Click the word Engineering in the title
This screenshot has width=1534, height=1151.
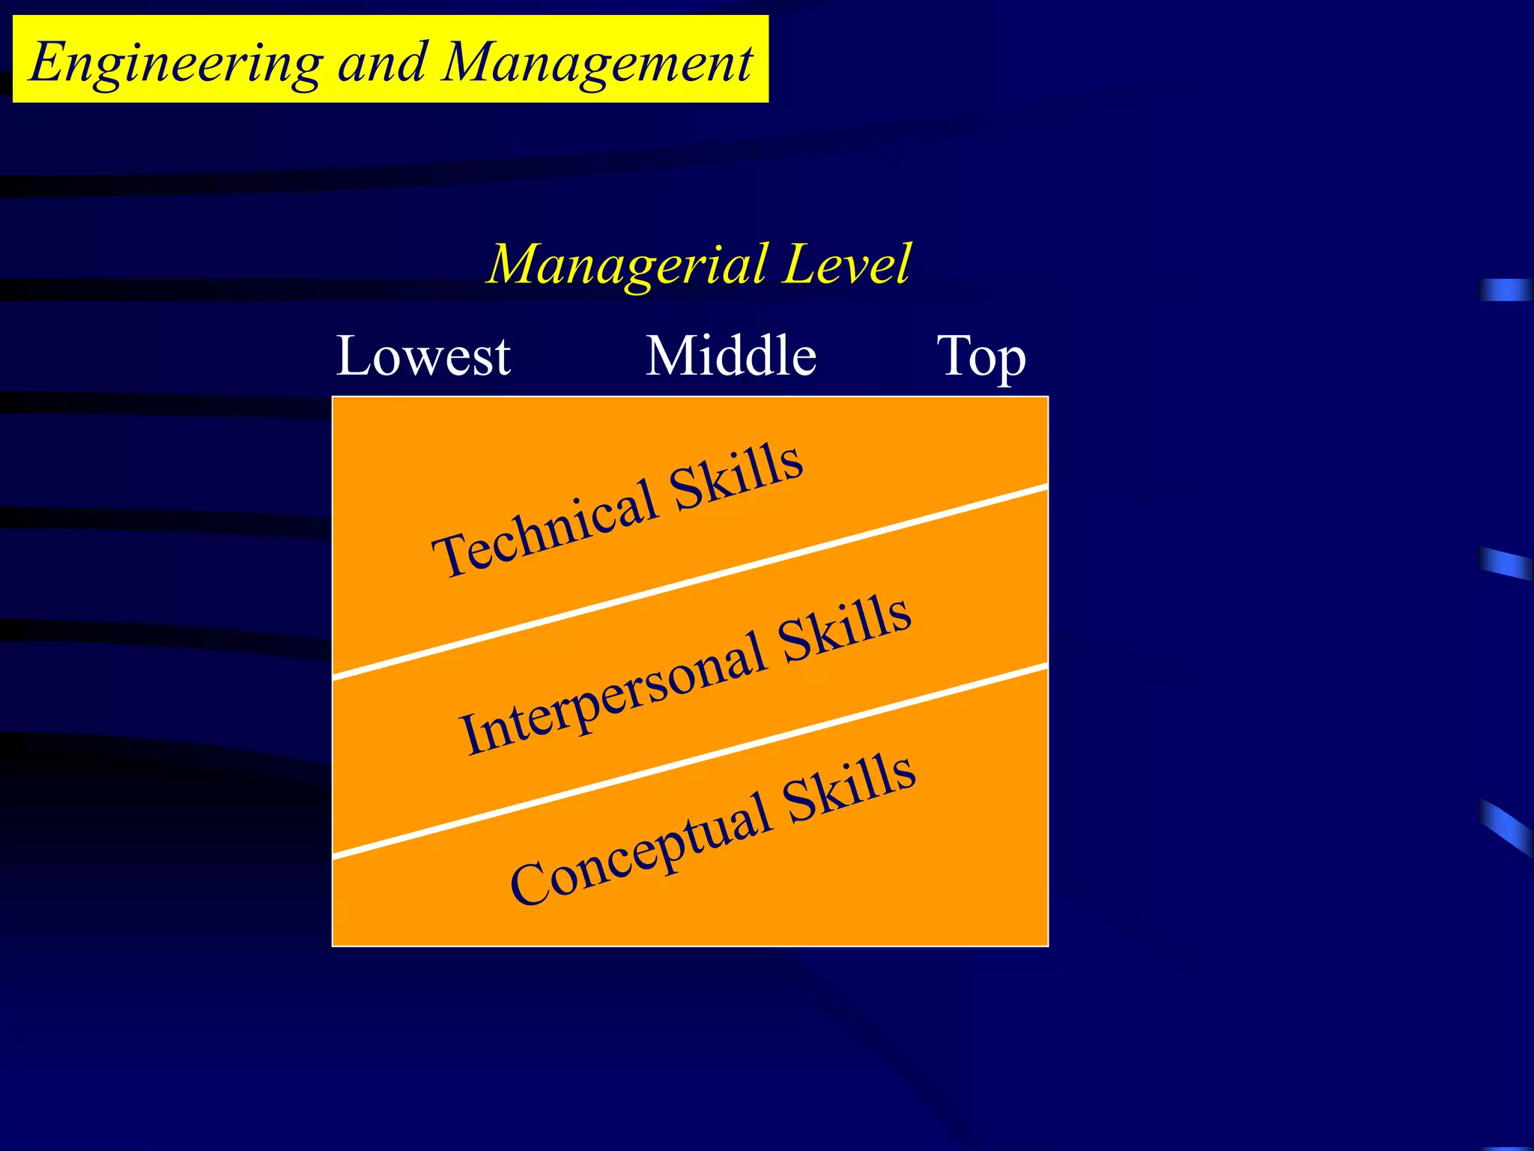click(x=176, y=63)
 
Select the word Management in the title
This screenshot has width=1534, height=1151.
click(x=597, y=63)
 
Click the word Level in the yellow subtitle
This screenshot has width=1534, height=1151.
click(x=846, y=265)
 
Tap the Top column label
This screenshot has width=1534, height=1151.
click(x=981, y=357)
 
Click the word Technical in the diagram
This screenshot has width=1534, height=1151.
click(x=545, y=531)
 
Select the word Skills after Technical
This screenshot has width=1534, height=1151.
click(x=736, y=476)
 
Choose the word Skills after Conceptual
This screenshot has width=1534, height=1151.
click(x=850, y=787)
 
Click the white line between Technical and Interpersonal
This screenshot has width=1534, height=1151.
click(x=689, y=581)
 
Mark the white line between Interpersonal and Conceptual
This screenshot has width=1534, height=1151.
click(x=689, y=760)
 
